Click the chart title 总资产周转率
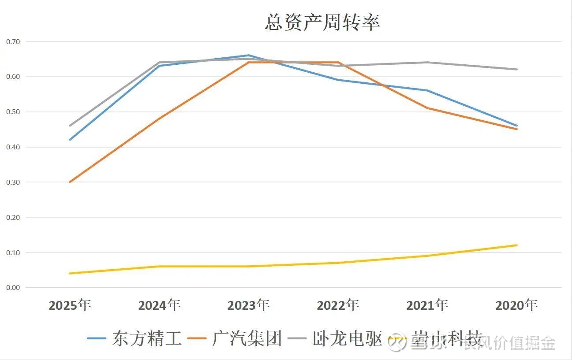322,22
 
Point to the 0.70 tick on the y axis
13,41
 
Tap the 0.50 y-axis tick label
13,112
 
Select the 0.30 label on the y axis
13,182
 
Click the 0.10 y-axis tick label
13,252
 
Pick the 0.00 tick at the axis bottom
13,288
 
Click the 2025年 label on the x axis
70,305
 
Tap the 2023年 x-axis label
248,305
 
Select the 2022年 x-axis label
338,305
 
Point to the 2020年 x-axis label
516,305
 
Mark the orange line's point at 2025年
70,182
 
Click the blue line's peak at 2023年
248,56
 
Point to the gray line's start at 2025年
70,126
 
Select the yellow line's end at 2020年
516,245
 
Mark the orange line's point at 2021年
427,108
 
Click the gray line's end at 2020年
516,69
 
